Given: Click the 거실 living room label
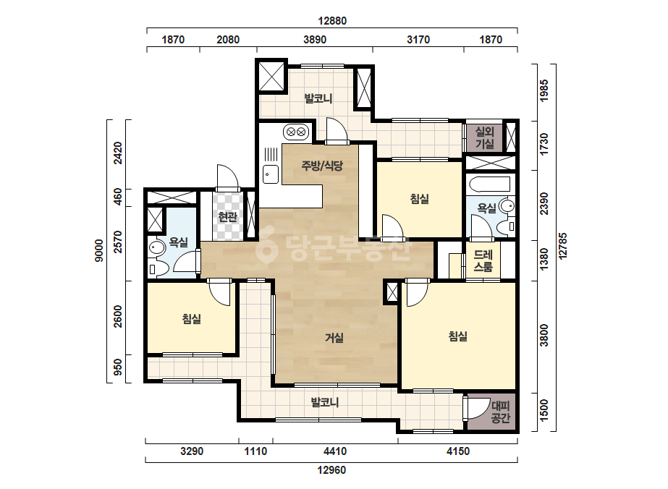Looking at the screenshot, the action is (334, 338).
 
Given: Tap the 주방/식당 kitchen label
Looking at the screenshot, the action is (322, 165).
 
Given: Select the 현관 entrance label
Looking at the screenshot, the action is (227, 217).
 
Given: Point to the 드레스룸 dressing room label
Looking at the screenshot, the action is (483, 260).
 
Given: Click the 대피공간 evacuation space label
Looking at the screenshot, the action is (501, 412).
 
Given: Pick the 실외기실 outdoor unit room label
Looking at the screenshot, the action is (484, 137).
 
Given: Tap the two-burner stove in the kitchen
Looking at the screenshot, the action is (296, 131).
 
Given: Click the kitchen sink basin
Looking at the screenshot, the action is (271, 174).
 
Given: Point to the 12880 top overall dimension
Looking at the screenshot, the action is (332, 20).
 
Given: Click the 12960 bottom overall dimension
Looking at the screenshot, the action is (332, 470).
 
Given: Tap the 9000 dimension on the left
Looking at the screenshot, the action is (99, 250).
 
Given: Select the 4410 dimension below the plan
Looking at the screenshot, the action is (335, 451).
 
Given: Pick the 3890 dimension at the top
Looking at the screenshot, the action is (315, 40).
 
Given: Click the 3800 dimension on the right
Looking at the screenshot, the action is (544, 336).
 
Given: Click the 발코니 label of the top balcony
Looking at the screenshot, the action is (318, 98).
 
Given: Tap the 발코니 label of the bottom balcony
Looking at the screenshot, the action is (325, 402).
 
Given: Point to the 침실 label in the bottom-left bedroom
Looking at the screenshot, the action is (192, 318).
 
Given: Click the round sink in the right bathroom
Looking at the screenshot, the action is (507, 206).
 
